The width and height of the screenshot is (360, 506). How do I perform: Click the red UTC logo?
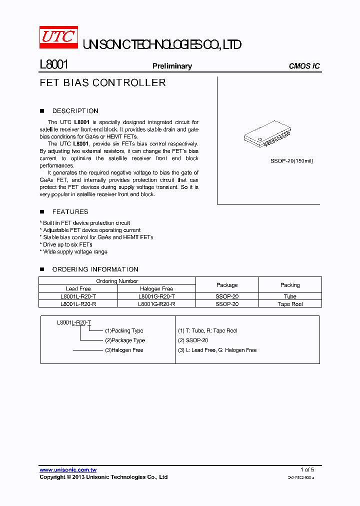[x=58, y=37]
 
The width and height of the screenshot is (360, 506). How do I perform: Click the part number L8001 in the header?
[x=53, y=65]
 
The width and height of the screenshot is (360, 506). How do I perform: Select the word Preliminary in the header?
[x=172, y=66]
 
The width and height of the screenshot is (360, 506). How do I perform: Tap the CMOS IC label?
[x=304, y=66]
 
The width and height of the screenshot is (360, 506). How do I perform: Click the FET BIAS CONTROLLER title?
[x=102, y=83]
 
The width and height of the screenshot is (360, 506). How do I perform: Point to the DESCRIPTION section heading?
[x=75, y=111]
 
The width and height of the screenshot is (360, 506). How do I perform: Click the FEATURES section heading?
[x=70, y=212]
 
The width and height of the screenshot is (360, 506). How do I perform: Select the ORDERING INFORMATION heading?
[x=95, y=269]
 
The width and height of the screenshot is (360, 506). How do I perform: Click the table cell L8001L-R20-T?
[x=78, y=296]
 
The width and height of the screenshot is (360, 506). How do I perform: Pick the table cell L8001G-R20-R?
[x=156, y=304]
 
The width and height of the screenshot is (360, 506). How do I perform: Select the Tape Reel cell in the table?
[x=290, y=304]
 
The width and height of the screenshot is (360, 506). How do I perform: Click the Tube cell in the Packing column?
[x=290, y=296]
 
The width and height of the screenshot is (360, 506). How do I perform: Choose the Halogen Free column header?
[x=156, y=288]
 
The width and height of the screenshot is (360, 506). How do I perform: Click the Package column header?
[x=227, y=285]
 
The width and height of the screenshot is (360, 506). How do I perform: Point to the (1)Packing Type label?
[x=124, y=330]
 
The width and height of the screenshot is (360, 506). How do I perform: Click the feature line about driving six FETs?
[x=67, y=244]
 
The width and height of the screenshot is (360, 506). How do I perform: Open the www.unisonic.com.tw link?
[x=68, y=470]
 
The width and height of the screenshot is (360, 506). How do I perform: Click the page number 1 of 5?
[x=307, y=470]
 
